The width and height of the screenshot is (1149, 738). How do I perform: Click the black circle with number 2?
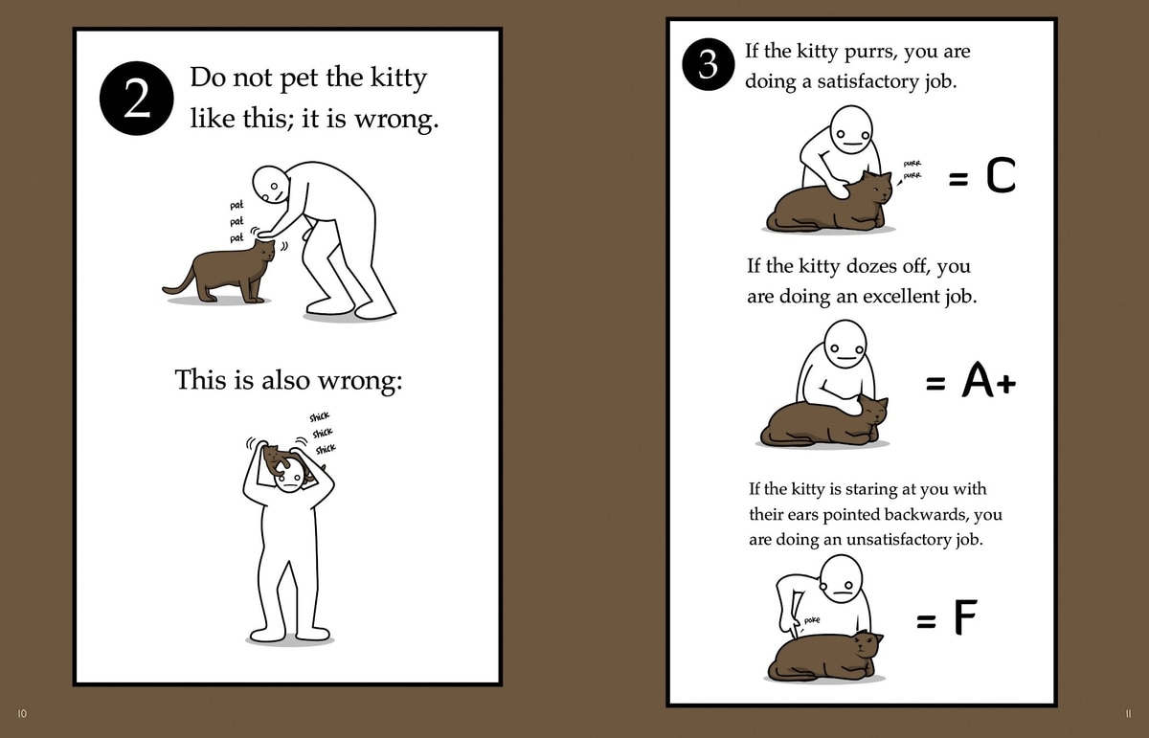point(136,99)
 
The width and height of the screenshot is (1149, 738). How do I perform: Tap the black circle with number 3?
point(708,65)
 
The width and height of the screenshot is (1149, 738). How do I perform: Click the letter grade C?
point(1001,175)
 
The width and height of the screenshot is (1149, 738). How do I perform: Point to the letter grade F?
point(965,617)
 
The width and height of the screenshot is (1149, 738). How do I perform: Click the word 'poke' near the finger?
point(812,620)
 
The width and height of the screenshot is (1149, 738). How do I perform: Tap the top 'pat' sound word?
point(237,205)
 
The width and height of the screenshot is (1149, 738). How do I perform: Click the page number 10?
point(22,713)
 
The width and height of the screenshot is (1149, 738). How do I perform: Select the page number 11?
point(1128,713)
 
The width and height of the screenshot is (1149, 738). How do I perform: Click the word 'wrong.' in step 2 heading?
point(396,119)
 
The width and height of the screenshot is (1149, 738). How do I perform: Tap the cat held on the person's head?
point(287,461)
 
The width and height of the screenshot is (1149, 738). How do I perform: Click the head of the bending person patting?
point(271,184)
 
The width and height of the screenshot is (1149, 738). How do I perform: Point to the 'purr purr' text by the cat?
point(912,169)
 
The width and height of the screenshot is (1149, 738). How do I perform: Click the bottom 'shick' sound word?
point(326,449)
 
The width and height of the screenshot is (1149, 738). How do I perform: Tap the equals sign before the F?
point(926,622)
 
